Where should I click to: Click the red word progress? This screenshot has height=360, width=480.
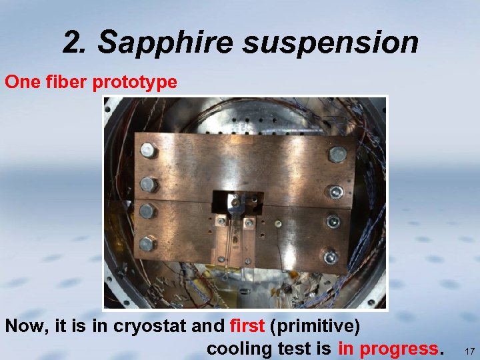click(x=399, y=348)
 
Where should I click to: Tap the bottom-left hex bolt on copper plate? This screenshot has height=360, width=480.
click(x=149, y=243)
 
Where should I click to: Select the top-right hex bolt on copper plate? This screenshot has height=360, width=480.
click(x=337, y=155)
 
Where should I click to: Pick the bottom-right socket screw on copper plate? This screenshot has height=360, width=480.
click(x=330, y=256)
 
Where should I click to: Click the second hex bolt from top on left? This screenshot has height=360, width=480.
click(x=147, y=183)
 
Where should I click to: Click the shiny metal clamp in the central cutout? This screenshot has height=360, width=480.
click(x=235, y=201)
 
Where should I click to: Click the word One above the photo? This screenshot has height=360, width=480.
click(x=19, y=82)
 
